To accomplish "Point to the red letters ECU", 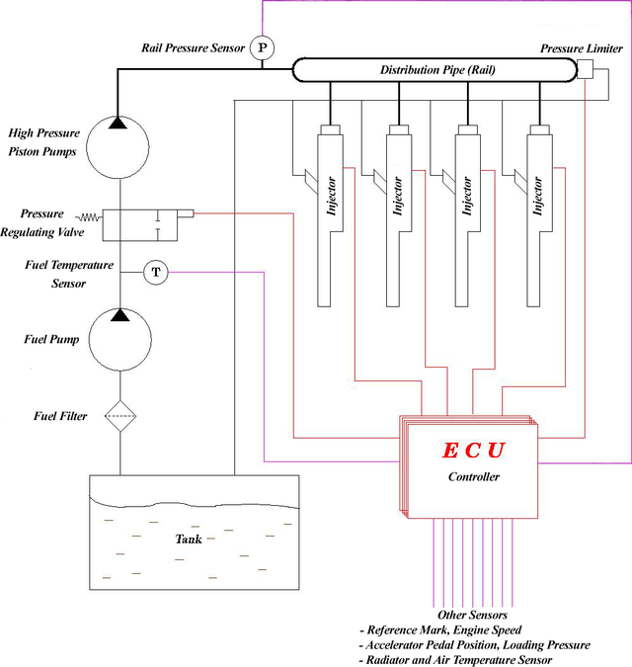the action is coord(473,451).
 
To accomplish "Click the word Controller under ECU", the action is coord(473,476).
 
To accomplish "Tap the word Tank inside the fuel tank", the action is coord(189,539).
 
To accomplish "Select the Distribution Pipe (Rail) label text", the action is coord(437,70).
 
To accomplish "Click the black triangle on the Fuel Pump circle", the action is coord(120,315).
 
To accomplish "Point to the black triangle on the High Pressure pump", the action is coord(118,123).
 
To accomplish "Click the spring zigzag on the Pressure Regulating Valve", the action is coord(89,217).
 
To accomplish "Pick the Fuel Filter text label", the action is coord(60,416).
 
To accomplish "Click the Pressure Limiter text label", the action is coord(582,48).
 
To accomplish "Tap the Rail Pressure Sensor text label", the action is coord(193,47).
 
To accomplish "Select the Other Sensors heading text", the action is coord(472,615).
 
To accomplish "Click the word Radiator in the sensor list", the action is coord(388,660).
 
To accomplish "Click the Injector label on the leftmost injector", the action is coord(331,196).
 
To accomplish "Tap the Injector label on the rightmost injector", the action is coord(537,196).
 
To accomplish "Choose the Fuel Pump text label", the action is coord(51,339).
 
